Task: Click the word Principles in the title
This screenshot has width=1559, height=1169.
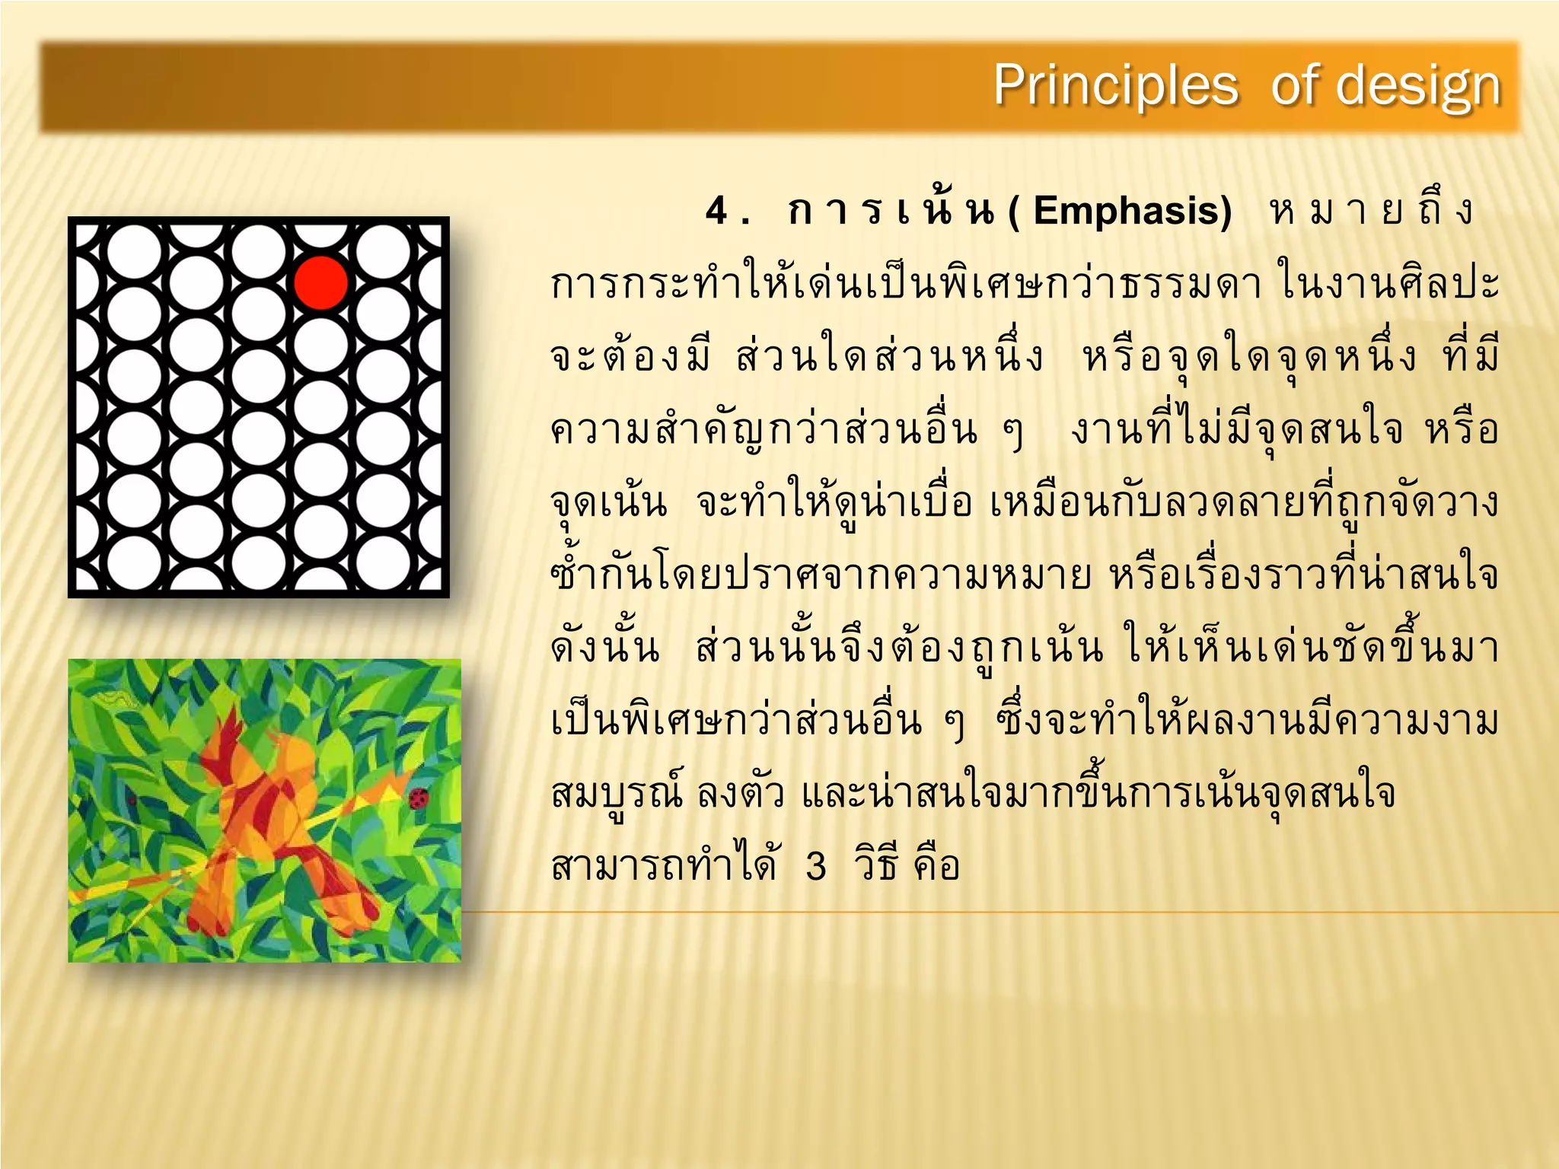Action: coord(1115,85)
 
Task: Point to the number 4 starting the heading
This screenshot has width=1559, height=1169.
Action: coord(717,211)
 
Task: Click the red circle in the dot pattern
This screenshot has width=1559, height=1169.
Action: coord(321,282)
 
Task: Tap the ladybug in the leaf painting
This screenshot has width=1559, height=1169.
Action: coord(418,798)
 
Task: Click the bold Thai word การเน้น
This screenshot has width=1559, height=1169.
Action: coord(891,211)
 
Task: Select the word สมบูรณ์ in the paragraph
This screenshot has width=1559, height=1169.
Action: coord(617,794)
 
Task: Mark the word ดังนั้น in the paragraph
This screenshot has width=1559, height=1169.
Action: coord(605,648)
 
